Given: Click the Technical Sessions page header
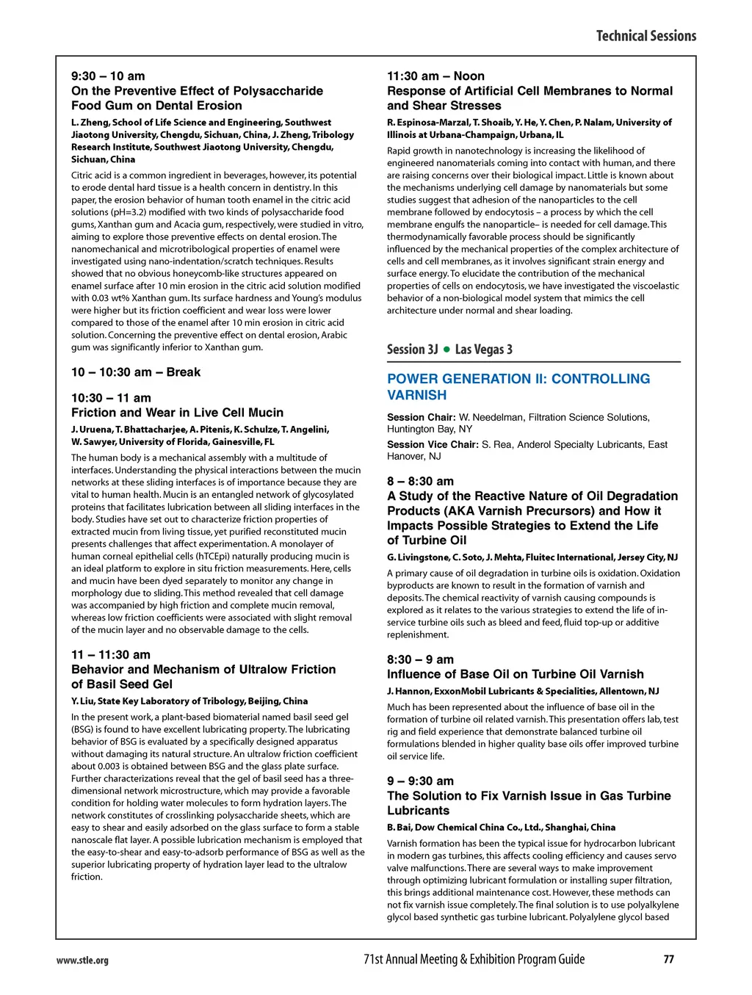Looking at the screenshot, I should click(x=646, y=36).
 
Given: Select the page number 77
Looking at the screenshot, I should click(x=668, y=959).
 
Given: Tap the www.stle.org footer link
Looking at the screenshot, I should click(x=82, y=960).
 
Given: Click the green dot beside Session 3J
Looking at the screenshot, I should click(x=446, y=350).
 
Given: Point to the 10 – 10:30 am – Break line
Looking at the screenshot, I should click(x=136, y=372).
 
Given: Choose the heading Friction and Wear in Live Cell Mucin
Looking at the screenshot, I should click(x=177, y=413).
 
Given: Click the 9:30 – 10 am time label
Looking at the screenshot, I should click(x=108, y=76).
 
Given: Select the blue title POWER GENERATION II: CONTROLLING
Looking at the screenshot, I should click(x=518, y=379).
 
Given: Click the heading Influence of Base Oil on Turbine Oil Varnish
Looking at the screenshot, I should click(x=515, y=674).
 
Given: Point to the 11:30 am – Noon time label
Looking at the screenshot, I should click(x=435, y=76).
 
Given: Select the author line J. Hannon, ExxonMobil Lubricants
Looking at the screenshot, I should click(x=523, y=691).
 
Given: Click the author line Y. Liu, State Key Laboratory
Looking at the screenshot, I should click(x=189, y=701).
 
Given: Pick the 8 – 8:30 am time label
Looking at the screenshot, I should click(x=420, y=482).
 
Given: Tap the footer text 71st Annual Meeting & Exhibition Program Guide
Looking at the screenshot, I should click(x=474, y=959).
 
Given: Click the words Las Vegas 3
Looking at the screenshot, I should click(x=483, y=350).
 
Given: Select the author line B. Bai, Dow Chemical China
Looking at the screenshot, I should click(x=501, y=828).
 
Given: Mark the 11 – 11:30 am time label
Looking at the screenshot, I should click(x=111, y=655).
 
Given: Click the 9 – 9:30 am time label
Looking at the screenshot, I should click(x=420, y=781).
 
